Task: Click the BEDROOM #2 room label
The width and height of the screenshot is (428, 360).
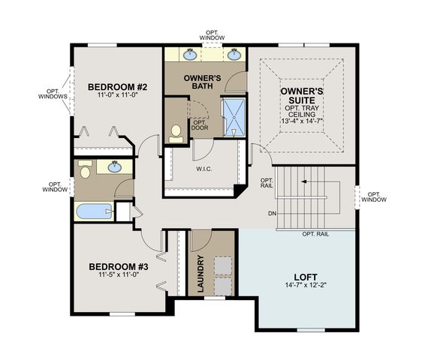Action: point(118,87)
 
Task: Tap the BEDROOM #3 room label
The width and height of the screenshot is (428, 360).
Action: point(119,266)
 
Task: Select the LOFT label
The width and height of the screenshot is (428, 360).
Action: point(306,277)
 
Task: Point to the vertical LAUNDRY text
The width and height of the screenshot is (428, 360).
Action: point(200,274)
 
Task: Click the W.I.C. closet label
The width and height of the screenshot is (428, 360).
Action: point(204,169)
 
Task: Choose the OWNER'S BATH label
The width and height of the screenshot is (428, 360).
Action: point(202,82)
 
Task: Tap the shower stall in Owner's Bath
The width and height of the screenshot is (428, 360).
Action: point(234,118)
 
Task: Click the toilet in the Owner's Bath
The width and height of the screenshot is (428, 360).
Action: point(176,134)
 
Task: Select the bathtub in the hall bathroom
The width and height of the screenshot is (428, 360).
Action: point(95,211)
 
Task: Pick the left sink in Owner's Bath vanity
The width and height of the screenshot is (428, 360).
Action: point(190,55)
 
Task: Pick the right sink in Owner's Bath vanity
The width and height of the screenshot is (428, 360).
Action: point(234,55)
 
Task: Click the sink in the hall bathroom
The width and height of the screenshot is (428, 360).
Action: point(115,167)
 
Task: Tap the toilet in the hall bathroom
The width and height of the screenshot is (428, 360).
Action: point(85,169)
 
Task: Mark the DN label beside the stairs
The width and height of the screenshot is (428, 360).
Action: point(272,214)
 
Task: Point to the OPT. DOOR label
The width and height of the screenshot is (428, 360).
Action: point(200,125)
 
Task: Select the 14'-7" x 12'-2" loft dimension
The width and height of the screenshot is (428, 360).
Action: point(306,285)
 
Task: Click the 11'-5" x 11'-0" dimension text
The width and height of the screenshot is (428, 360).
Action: point(119,274)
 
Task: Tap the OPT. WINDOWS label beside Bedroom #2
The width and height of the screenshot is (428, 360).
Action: point(53,94)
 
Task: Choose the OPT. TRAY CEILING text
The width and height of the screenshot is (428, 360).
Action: point(302,111)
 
